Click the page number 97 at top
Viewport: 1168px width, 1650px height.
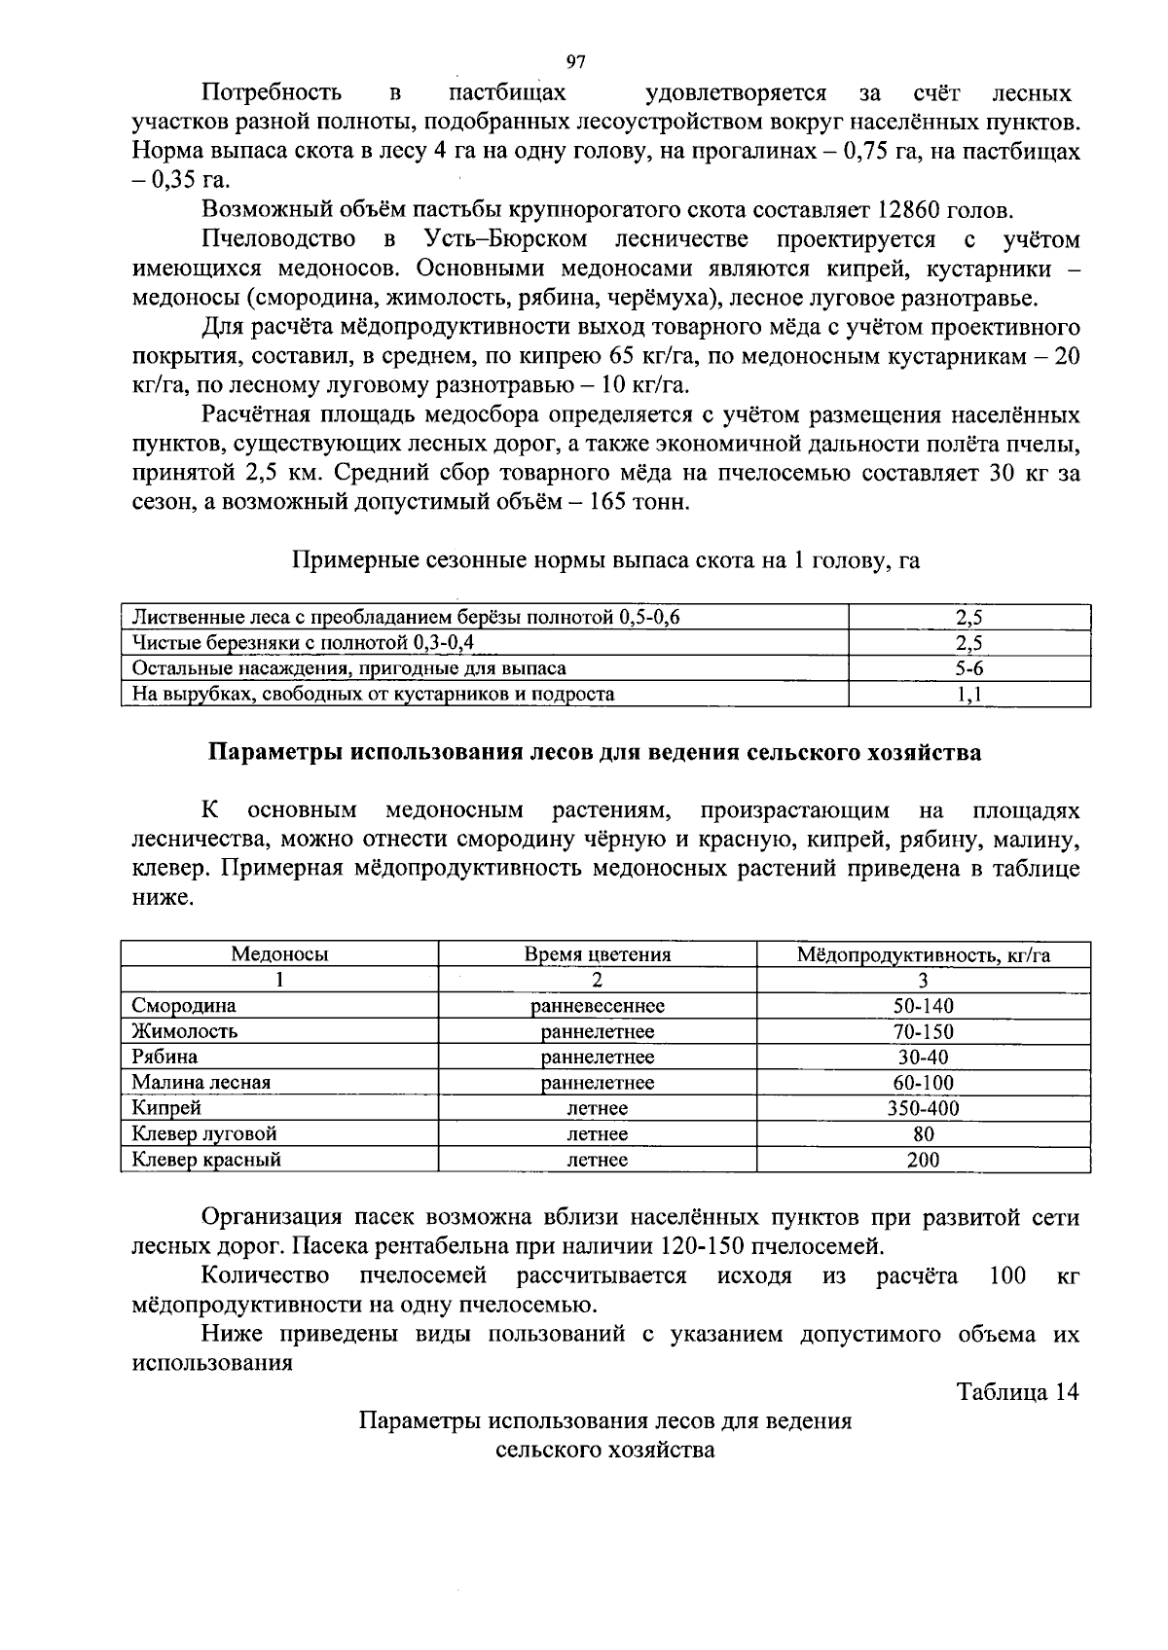click(575, 62)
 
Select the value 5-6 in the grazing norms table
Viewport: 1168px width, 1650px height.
click(969, 668)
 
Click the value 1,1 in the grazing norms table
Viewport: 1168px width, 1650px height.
click(969, 695)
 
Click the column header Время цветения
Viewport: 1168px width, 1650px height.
click(598, 954)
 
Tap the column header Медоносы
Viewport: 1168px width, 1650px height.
click(279, 954)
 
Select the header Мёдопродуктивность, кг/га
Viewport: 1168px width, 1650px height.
click(923, 954)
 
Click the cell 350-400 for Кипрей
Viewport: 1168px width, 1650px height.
click(923, 1108)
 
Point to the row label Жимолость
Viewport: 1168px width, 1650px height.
click(185, 1031)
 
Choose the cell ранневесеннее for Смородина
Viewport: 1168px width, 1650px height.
click(598, 1006)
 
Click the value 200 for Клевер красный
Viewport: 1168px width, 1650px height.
click(923, 1160)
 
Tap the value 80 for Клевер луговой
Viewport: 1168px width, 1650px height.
click(923, 1134)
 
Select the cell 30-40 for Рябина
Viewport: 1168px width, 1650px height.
click(923, 1058)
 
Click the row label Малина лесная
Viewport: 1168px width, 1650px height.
click(201, 1083)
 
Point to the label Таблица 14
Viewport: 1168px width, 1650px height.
click(1018, 1392)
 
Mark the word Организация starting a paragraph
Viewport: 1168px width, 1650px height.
click(265, 1218)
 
